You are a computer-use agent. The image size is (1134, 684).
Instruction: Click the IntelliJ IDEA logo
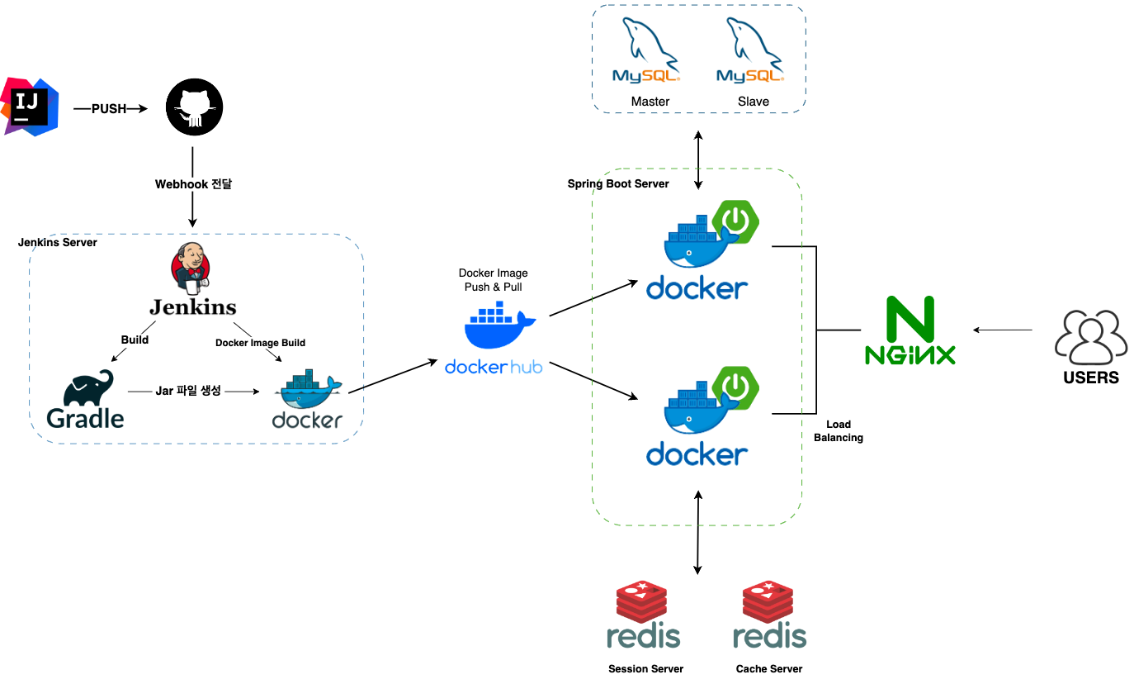coord(31,107)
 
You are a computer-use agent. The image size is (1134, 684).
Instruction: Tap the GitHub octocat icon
coord(195,107)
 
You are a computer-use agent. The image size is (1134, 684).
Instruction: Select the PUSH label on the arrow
coord(109,108)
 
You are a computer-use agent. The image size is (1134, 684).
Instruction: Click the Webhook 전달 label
coord(193,183)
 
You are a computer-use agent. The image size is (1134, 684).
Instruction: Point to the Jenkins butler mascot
coord(190,268)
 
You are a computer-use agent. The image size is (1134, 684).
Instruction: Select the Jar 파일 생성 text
coord(188,390)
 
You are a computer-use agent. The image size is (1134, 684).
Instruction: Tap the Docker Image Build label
coord(260,342)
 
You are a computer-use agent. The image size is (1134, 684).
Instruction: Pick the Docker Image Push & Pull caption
coord(493,279)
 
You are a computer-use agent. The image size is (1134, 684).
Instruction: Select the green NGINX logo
coord(910,330)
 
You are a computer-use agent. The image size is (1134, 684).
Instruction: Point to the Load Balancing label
coord(839,430)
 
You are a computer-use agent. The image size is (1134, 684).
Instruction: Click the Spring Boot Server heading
coord(618,183)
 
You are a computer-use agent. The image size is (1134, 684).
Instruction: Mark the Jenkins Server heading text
coord(58,243)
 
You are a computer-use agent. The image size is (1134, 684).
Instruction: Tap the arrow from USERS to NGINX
coord(1003,330)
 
